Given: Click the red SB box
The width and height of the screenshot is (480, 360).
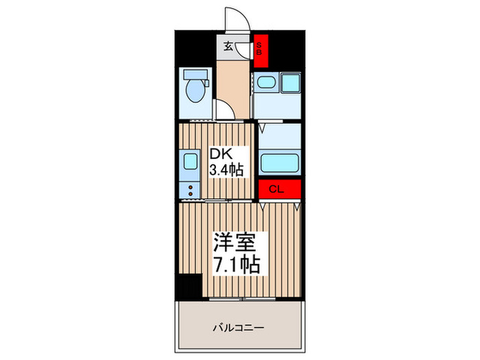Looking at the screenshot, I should click(x=261, y=49).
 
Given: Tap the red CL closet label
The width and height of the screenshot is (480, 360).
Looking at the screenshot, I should click(x=280, y=189).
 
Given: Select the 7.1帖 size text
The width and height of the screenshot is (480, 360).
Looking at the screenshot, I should click(x=235, y=264).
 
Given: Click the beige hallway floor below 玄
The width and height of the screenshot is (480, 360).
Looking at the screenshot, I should click(x=232, y=79).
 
